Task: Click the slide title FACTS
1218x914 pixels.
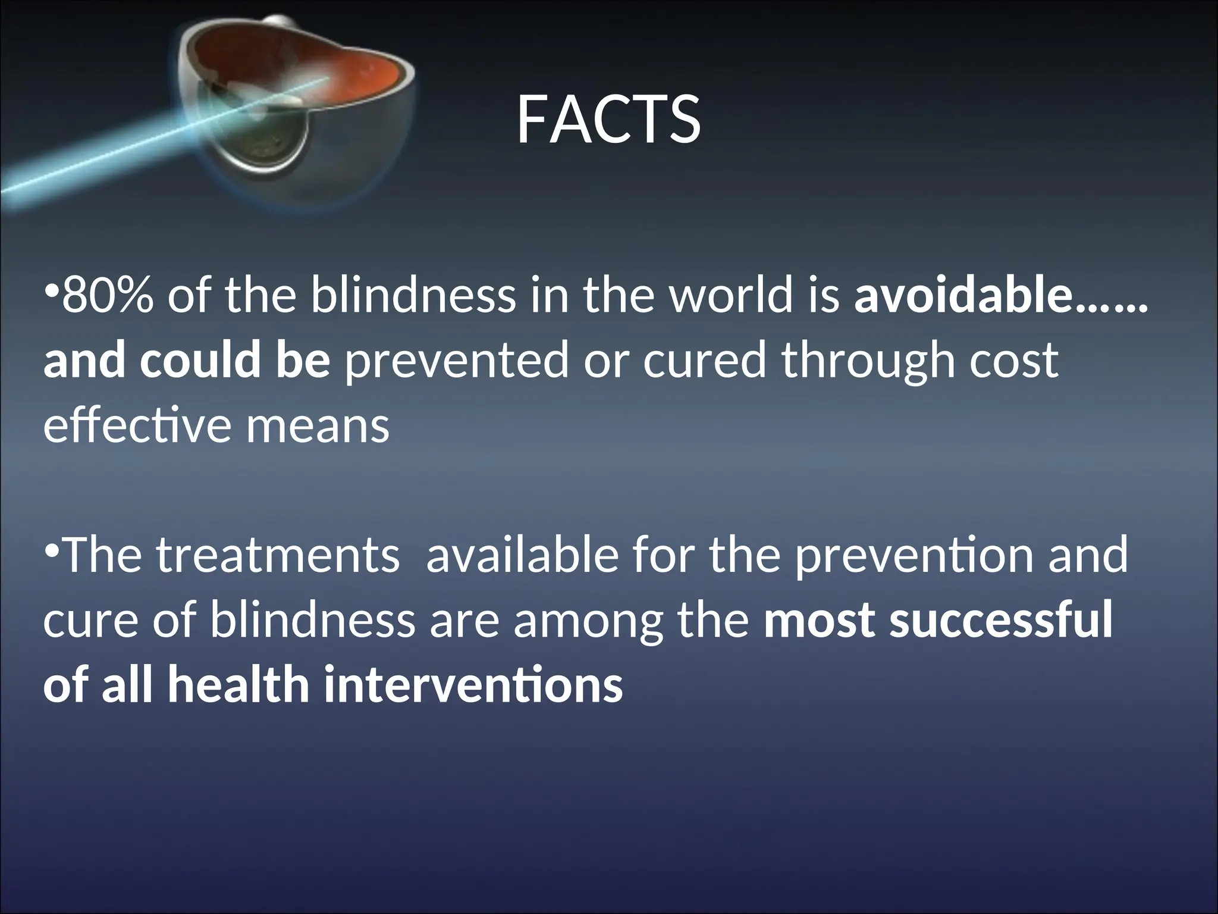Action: pos(608,120)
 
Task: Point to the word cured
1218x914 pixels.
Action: pos(704,361)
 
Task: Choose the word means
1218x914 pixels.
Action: pos(318,426)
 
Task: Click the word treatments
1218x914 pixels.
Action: pos(278,555)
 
